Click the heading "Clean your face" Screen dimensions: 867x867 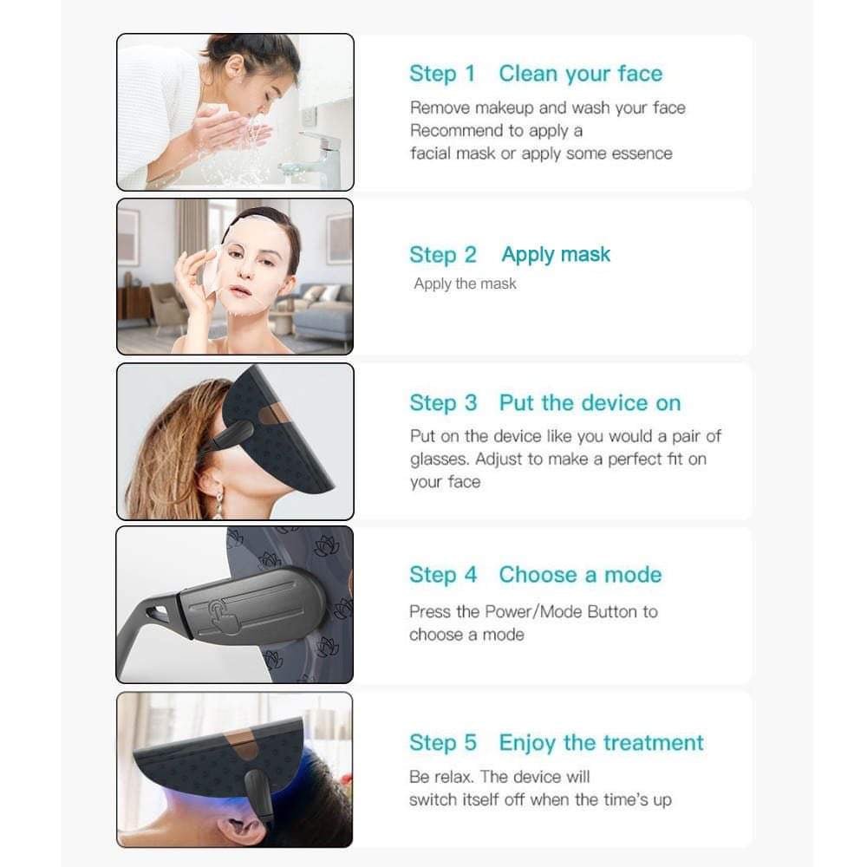[581, 74]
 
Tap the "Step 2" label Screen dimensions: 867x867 [443, 255]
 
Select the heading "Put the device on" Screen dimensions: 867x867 [590, 403]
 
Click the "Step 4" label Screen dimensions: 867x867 [443, 575]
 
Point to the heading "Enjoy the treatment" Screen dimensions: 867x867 [601, 743]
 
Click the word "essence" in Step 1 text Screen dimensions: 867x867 [644, 153]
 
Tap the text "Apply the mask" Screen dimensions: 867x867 [465, 284]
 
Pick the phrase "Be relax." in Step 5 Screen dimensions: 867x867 [442, 777]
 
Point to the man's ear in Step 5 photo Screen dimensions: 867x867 [242, 830]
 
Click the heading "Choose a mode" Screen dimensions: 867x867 [581, 575]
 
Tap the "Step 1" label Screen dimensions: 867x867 [442, 74]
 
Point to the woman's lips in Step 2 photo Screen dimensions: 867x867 [242, 291]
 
